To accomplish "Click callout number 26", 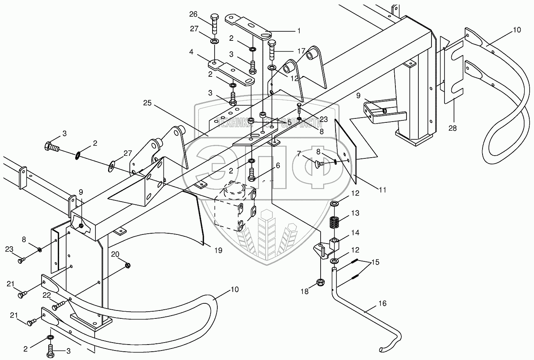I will [x=193, y=15].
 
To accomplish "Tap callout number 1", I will [x=299, y=30].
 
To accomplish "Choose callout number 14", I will [x=355, y=232].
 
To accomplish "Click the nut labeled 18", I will [x=319, y=282].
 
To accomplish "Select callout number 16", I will [x=382, y=304].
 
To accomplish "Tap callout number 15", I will [x=375, y=262].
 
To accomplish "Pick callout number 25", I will [x=148, y=103].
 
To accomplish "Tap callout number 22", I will [x=47, y=295].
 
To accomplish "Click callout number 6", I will [x=277, y=166].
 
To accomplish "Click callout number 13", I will [x=355, y=213].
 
